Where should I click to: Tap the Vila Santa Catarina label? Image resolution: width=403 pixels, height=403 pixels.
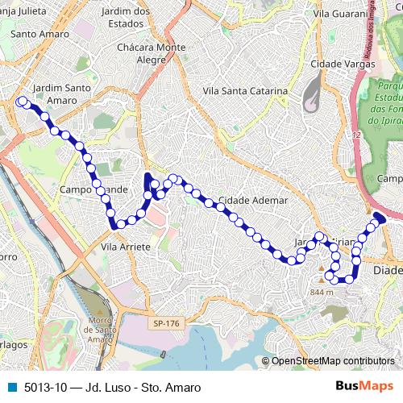click(245, 91)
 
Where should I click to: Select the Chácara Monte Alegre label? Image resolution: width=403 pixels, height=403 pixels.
click(160, 53)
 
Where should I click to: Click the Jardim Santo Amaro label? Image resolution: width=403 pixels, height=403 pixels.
click(56, 93)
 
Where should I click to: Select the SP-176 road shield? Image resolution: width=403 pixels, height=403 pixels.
click(167, 323)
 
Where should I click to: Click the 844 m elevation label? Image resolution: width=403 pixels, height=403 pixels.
click(320, 292)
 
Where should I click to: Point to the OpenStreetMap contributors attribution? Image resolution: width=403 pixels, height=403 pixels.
click(333, 361)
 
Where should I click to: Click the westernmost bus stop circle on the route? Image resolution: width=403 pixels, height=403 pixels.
click(20, 102)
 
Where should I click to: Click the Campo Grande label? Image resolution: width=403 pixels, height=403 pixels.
click(93, 189)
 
